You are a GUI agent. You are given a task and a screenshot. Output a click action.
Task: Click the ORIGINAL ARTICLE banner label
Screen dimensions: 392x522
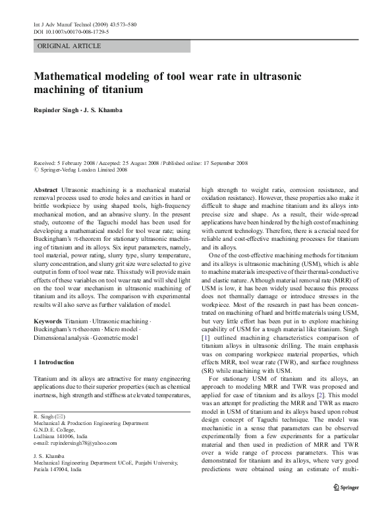(x=69, y=46)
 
